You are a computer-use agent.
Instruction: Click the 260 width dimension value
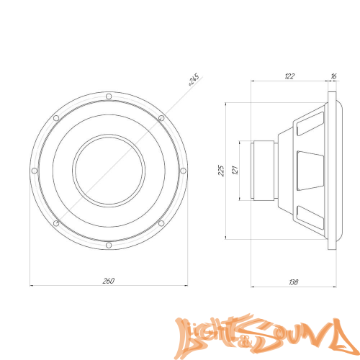[x=108, y=280]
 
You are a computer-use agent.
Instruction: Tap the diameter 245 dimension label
[x=193, y=79]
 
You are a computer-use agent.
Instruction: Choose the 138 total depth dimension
[x=292, y=282]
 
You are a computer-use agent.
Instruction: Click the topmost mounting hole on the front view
[x=107, y=96]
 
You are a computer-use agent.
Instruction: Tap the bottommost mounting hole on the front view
[x=107, y=246]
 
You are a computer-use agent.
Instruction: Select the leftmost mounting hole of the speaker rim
[x=33, y=171]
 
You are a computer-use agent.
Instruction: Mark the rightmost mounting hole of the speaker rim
[x=182, y=171]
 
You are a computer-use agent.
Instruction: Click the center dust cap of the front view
[x=108, y=171]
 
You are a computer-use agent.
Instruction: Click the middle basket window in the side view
[x=310, y=171]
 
